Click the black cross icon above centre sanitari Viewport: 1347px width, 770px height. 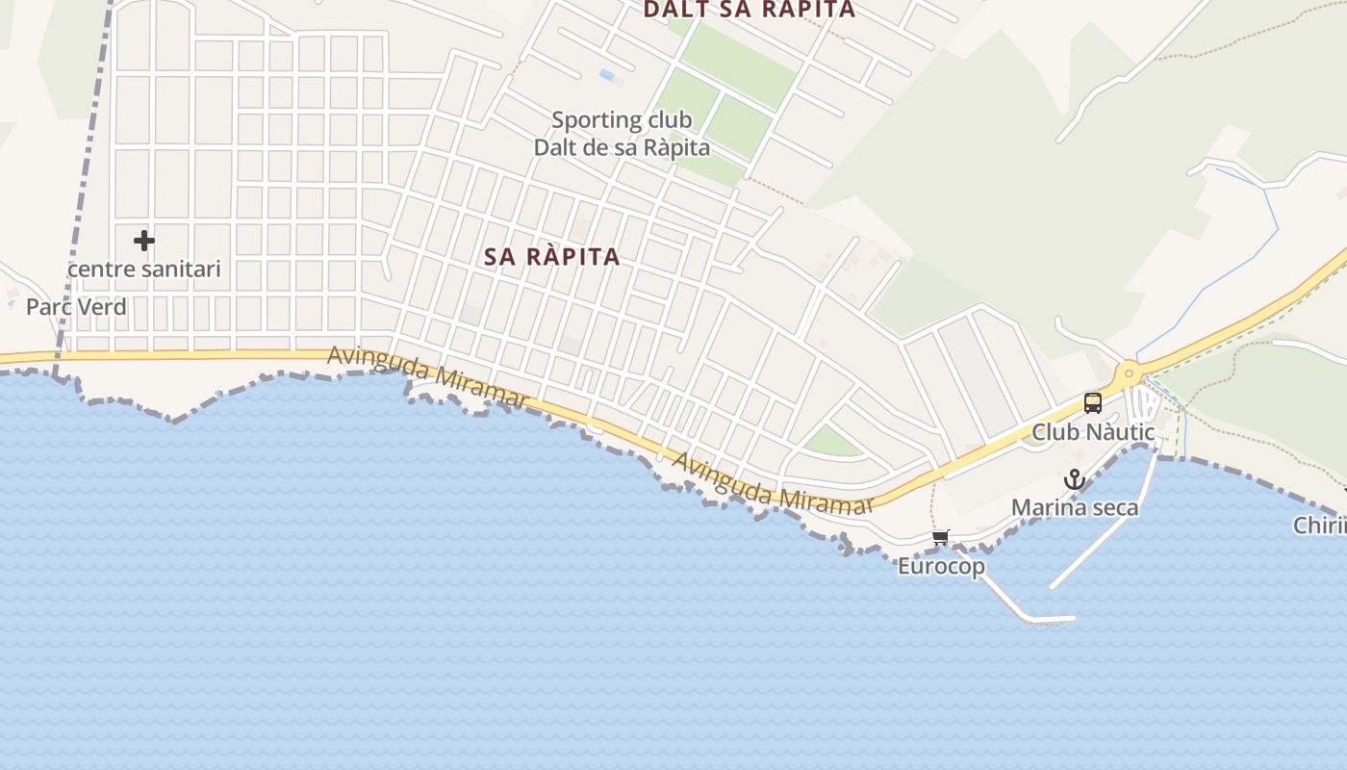[x=144, y=240]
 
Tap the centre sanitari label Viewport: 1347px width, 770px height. [x=144, y=269]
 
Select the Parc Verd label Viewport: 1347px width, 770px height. [x=76, y=307]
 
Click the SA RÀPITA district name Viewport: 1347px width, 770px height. [x=552, y=257]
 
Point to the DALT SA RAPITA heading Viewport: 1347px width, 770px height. [x=749, y=10]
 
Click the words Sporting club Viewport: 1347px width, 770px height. [x=622, y=120]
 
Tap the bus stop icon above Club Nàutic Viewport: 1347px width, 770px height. [x=1093, y=402]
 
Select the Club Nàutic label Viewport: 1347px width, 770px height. [x=1093, y=432]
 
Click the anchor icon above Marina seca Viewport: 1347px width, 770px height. [x=1074, y=479]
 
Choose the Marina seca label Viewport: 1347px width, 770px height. [x=1075, y=507]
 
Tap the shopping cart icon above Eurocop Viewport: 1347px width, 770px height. [x=941, y=538]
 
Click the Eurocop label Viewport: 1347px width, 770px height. [x=941, y=566]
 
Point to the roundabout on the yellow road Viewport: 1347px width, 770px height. [x=1128, y=372]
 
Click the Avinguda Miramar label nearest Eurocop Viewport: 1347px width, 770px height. [x=773, y=485]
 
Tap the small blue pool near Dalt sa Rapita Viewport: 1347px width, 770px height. [x=607, y=74]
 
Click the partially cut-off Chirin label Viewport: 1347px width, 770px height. [x=1321, y=526]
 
